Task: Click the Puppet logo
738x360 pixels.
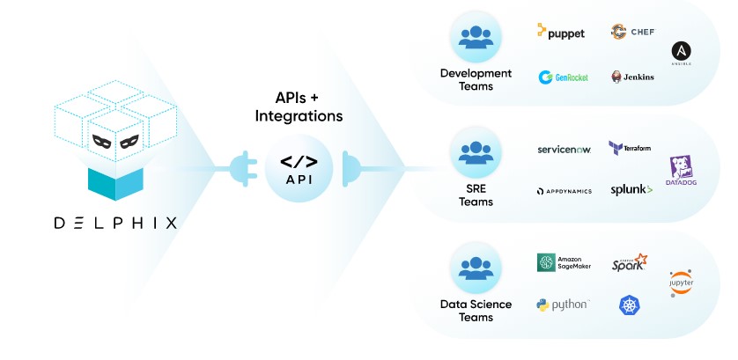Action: point(560,32)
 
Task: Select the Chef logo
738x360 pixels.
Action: point(631,32)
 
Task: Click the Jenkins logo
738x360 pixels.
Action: point(632,77)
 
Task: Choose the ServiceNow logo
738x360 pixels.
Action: point(564,150)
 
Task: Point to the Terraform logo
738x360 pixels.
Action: point(630,147)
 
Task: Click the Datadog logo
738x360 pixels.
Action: point(681,169)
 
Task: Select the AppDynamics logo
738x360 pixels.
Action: point(564,190)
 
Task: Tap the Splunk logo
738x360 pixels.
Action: point(631,189)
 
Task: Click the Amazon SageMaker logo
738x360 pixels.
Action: point(564,263)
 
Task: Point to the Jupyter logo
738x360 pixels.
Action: point(681,283)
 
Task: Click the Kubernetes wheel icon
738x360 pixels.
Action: point(630,305)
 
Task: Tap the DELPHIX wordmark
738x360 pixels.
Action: point(115,223)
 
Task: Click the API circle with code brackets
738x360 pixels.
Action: point(299,167)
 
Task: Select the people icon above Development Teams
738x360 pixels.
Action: point(476,36)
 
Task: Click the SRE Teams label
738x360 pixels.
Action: point(476,195)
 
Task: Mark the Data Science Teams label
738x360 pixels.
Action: point(476,311)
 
